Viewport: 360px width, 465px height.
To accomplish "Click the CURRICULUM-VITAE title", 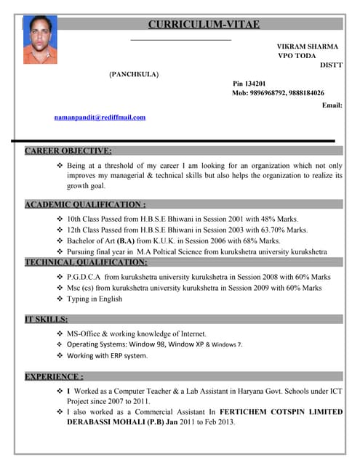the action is point(203,24).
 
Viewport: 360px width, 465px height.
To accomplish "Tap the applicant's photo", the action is point(40,39).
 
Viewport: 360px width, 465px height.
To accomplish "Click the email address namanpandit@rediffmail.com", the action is point(100,117).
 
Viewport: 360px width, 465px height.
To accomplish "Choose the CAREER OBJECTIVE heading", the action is point(68,151).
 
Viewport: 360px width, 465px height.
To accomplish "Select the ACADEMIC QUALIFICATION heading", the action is point(85,205).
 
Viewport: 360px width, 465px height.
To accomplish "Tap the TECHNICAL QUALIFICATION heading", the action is point(86,262).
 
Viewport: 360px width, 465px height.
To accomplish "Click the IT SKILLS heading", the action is point(47,319).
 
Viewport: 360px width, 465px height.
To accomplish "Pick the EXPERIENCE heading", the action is point(54,376).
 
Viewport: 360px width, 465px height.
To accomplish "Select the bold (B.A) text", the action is point(121,240).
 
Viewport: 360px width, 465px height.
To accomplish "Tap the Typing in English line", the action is point(95,299).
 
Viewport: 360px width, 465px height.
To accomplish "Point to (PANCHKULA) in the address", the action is point(134,74).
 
